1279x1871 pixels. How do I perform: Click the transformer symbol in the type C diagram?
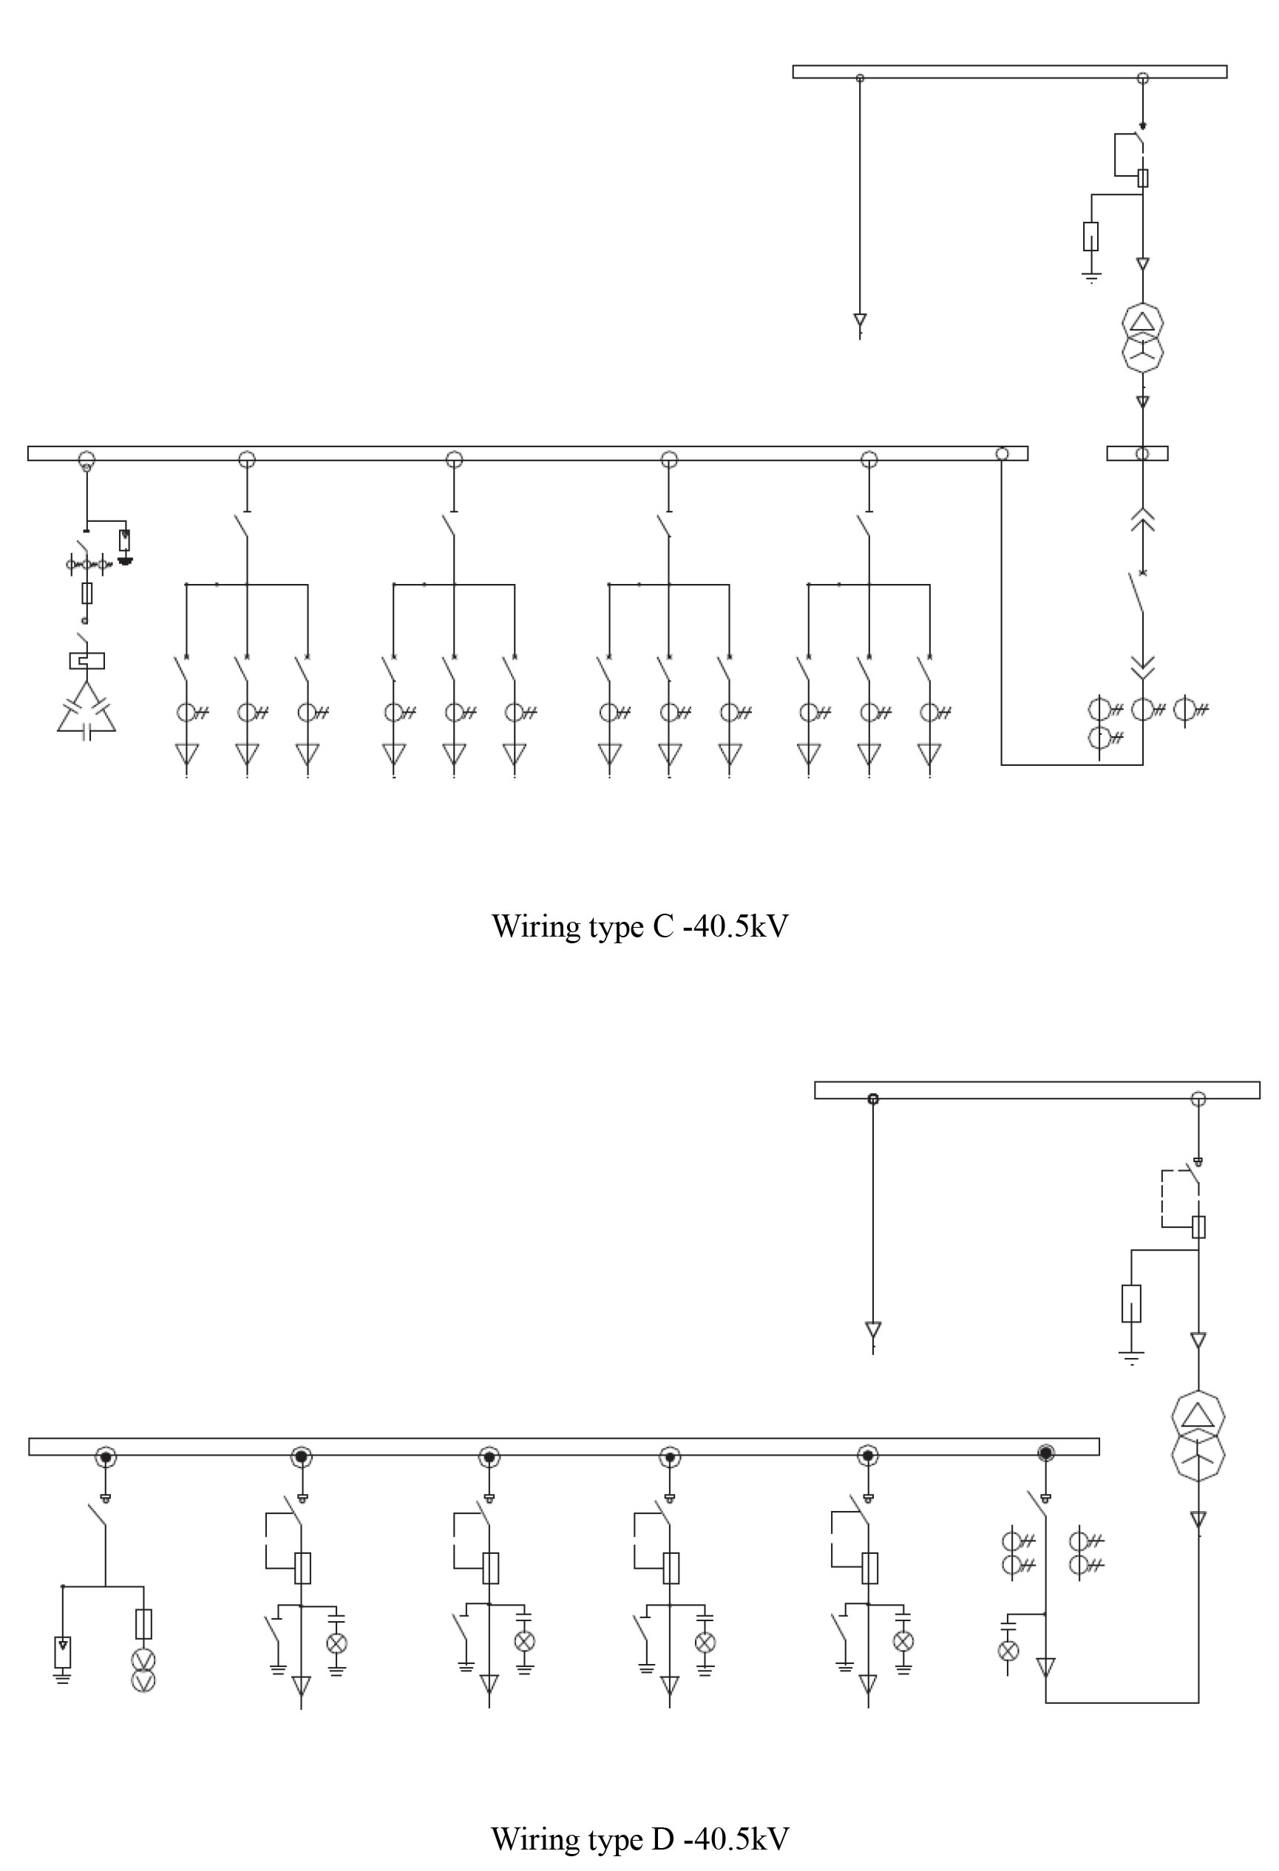click(1142, 337)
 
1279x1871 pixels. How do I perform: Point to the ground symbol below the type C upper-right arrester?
click(1090, 278)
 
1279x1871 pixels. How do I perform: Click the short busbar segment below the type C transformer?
click(1137, 453)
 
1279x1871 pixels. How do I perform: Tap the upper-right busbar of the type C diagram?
click(1009, 72)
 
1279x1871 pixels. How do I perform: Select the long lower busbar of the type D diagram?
click(563, 1447)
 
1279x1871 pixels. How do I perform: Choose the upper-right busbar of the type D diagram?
click(1037, 1090)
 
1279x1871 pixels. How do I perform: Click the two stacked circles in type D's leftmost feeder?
click(143, 1671)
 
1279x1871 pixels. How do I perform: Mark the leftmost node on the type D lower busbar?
click(106, 1456)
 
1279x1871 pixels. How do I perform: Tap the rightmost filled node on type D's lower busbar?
click(1045, 1453)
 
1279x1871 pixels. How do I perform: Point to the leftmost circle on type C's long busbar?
click(86, 461)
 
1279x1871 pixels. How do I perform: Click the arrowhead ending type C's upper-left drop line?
click(860, 320)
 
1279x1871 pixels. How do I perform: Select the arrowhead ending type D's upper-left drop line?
click(872, 1328)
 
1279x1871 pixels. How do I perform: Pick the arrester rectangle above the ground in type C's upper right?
click(1090, 236)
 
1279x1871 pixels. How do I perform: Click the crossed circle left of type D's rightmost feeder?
click(1008, 1651)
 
